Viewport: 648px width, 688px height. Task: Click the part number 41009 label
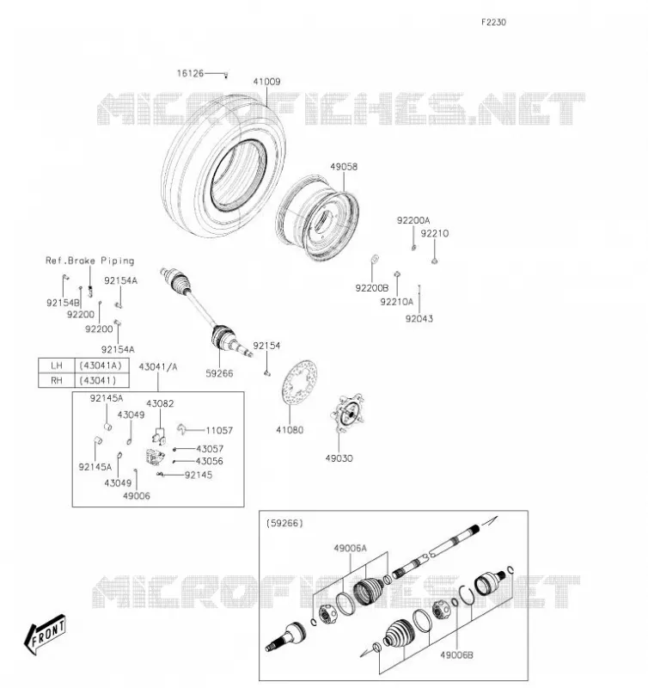click(266, 82)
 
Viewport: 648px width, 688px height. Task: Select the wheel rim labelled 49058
click(318, 218)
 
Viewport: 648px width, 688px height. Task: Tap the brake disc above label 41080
click(299, 382)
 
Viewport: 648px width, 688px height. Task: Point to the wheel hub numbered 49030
click(348, 413)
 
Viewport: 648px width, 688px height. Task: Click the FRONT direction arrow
click(45, 635)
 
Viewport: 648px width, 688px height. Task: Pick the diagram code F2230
click(493, 22)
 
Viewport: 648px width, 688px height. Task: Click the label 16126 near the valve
click(190, 73)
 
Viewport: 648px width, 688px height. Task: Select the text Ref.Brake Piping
click(90, 261)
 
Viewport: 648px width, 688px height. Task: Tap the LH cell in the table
click(57, 365)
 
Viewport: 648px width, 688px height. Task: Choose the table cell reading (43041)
click(97, 380)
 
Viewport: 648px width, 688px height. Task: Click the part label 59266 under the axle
click(219, 373)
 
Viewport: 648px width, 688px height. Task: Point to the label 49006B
click(456, 655)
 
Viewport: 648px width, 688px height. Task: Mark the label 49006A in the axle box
click(350, 548)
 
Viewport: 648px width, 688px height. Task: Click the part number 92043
click(419, 318)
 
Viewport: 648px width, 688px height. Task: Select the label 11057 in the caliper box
click(219, 431)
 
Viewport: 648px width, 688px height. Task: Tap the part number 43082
click(160, 403)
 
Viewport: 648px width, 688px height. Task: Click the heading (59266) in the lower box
click(284, 523)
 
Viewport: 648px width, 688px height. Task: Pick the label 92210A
click(397, 302)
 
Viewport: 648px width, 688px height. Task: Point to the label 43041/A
click(158, 367)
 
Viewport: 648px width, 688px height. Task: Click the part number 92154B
click(63, 303)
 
